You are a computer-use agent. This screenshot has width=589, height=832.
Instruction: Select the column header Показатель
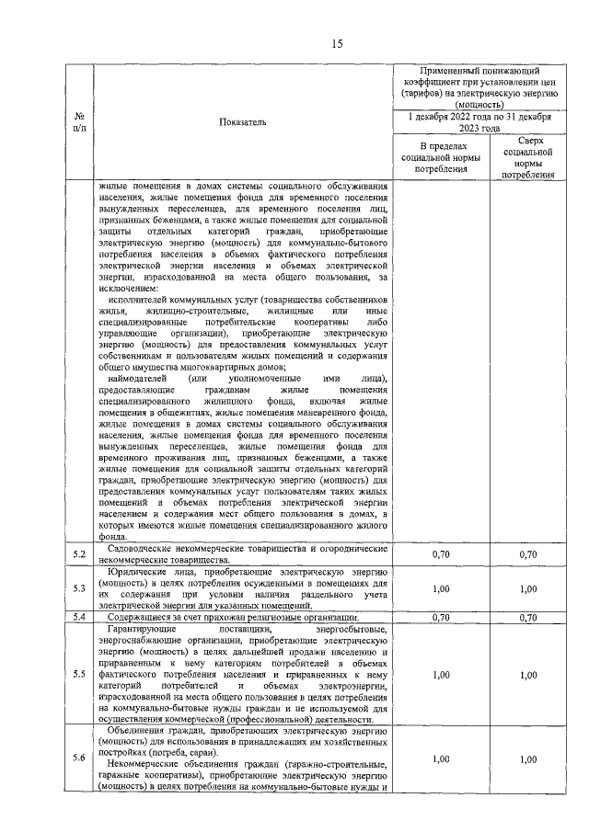(x=243, y=121)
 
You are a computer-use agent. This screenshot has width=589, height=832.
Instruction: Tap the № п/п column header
(x=79, y=121)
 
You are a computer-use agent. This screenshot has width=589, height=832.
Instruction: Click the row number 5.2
(x=79, y=553)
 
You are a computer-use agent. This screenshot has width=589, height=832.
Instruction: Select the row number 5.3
(x=79, y=587)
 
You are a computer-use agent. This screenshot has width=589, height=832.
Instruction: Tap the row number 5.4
(x=79, y=617)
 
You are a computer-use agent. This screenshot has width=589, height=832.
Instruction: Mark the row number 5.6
(x=79, y=758)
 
